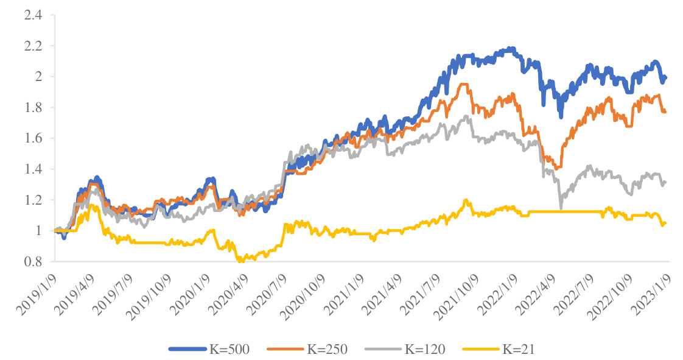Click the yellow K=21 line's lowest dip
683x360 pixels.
coord(241,261)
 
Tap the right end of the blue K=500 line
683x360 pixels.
coord(665,77)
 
